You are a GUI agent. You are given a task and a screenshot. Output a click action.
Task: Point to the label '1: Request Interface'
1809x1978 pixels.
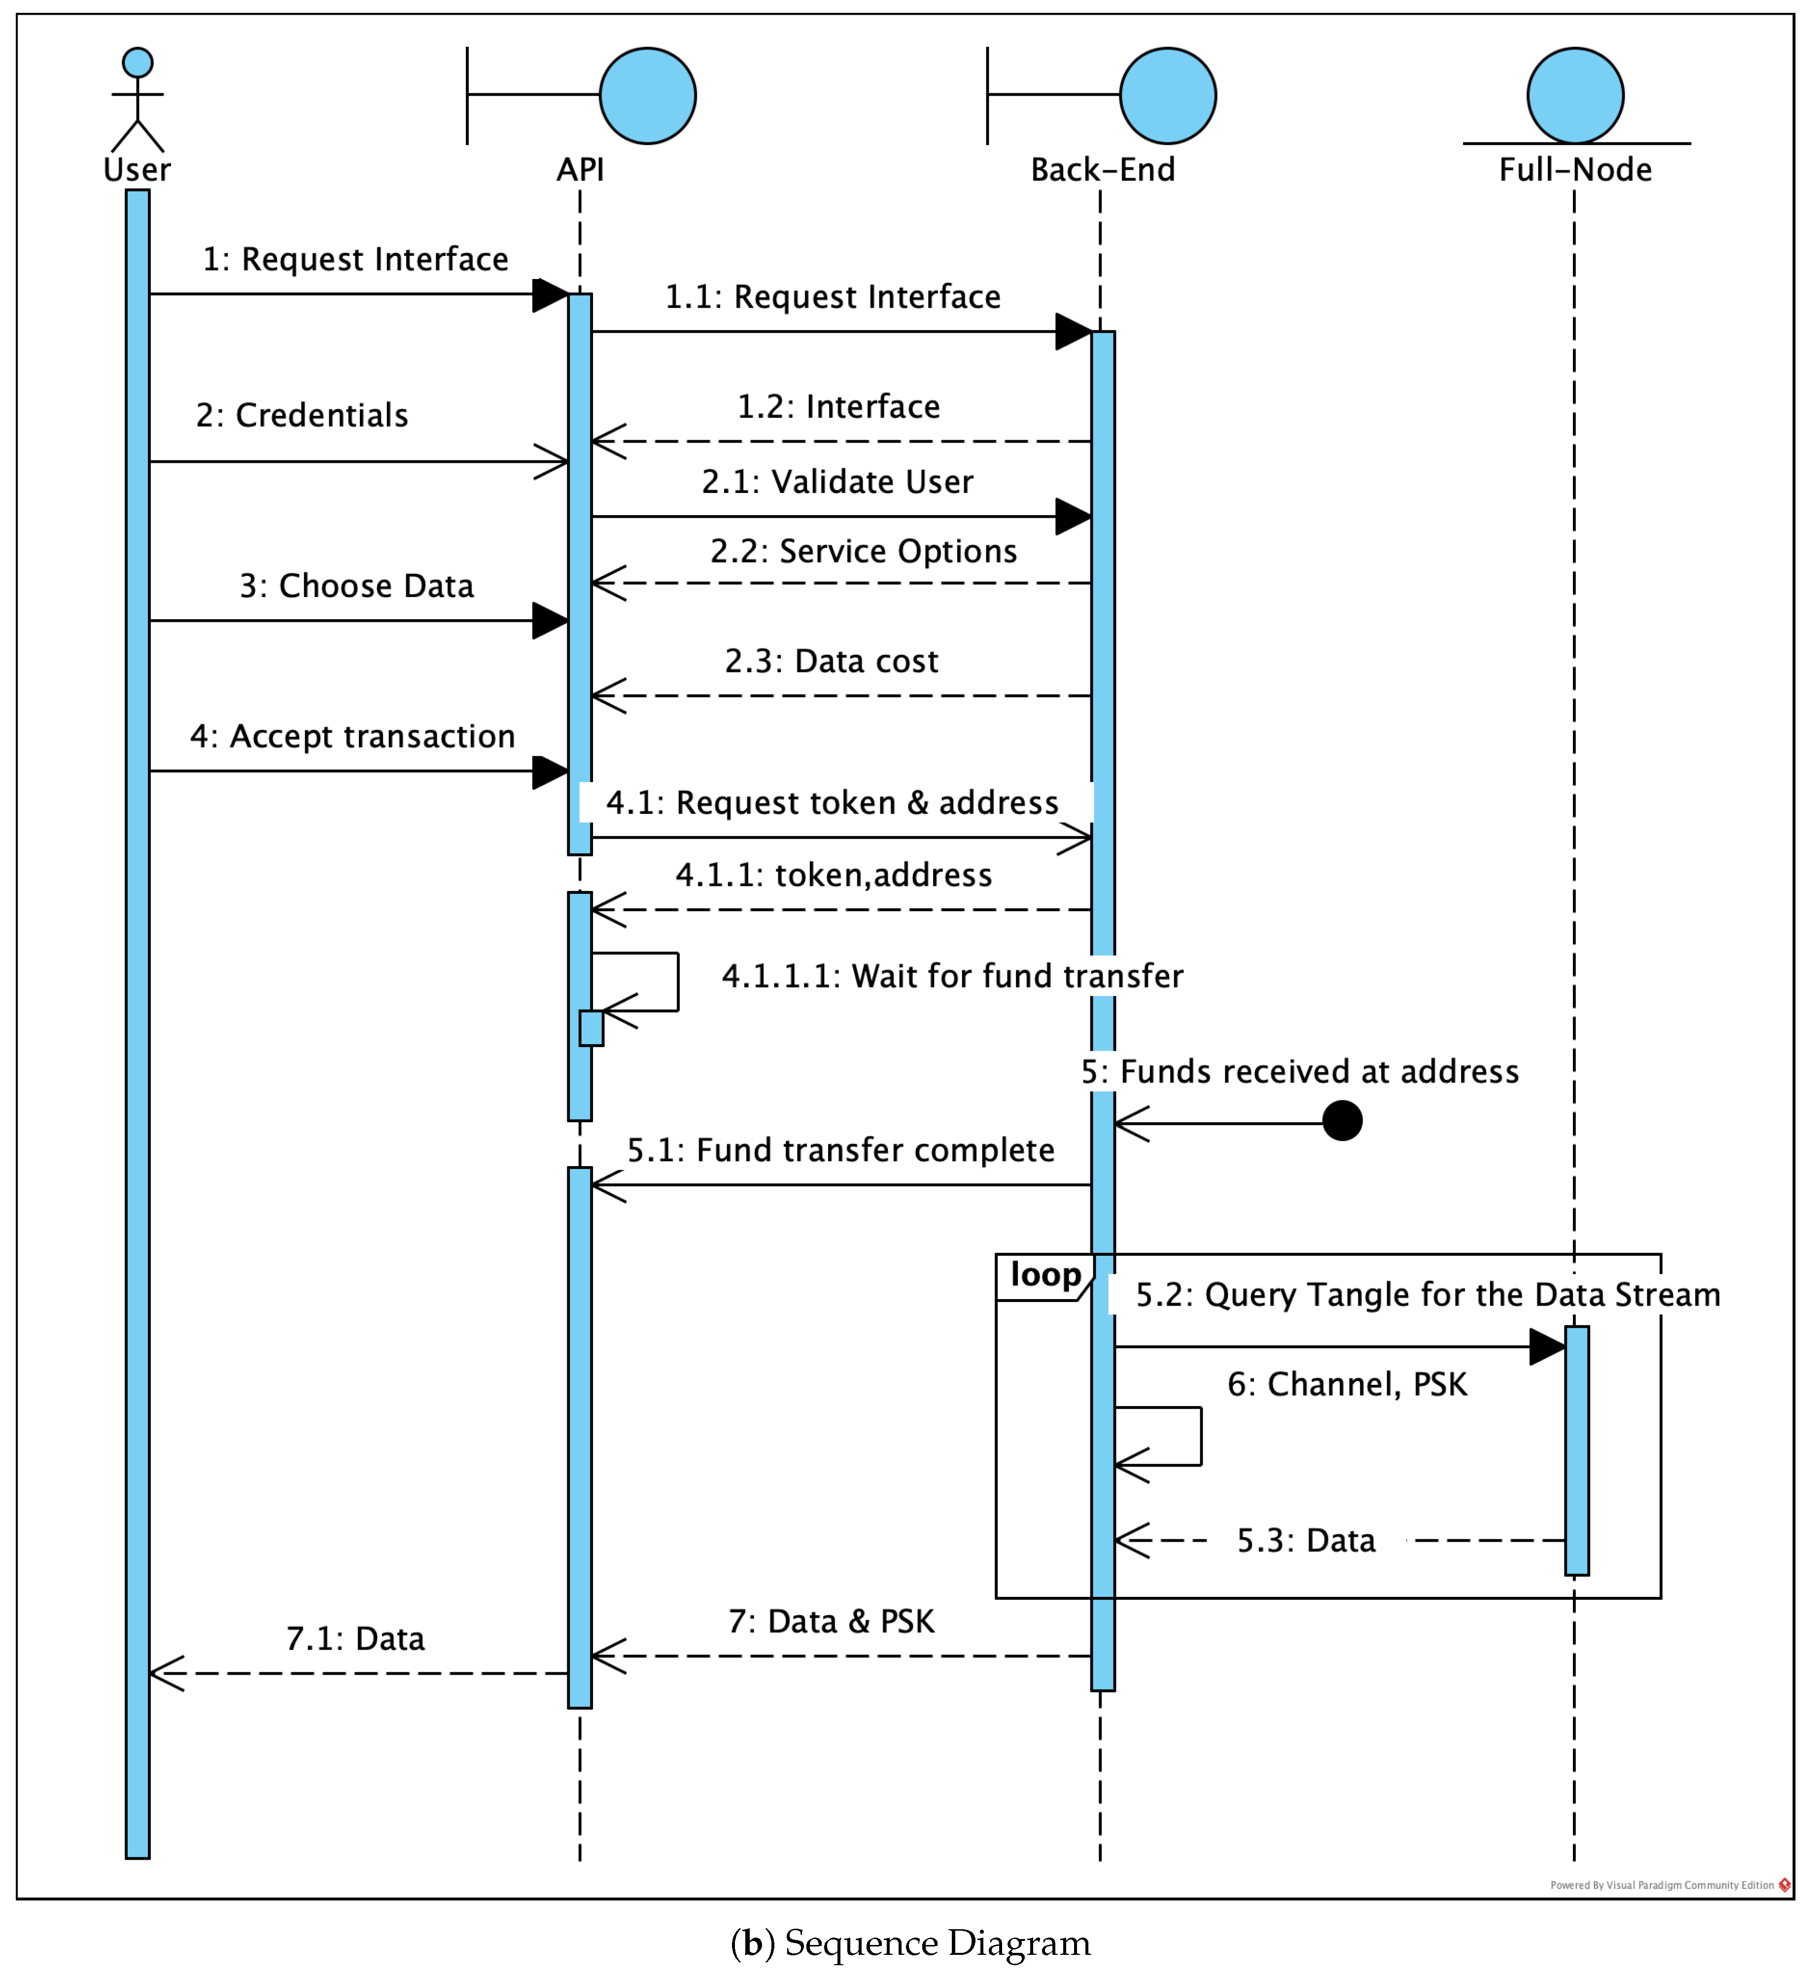[355, 259]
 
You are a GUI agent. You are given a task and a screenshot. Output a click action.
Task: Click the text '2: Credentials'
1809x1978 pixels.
[302, 415]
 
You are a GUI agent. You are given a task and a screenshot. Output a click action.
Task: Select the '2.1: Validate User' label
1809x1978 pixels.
[837, 482]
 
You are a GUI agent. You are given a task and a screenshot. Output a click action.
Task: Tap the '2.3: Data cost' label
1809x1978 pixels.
[831, 661]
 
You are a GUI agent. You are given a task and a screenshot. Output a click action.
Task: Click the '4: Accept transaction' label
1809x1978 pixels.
[352, 736]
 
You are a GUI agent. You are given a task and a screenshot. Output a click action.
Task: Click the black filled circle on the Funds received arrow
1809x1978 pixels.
[1342, 1121]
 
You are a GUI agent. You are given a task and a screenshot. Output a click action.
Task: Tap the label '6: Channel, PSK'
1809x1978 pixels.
[1347, 1384]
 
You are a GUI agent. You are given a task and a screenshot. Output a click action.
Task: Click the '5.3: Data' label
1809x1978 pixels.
[1306, 1540]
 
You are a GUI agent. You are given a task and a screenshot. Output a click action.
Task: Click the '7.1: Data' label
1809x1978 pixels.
[355, 1638]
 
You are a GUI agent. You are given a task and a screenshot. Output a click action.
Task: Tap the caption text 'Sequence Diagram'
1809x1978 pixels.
[937, 1943]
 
